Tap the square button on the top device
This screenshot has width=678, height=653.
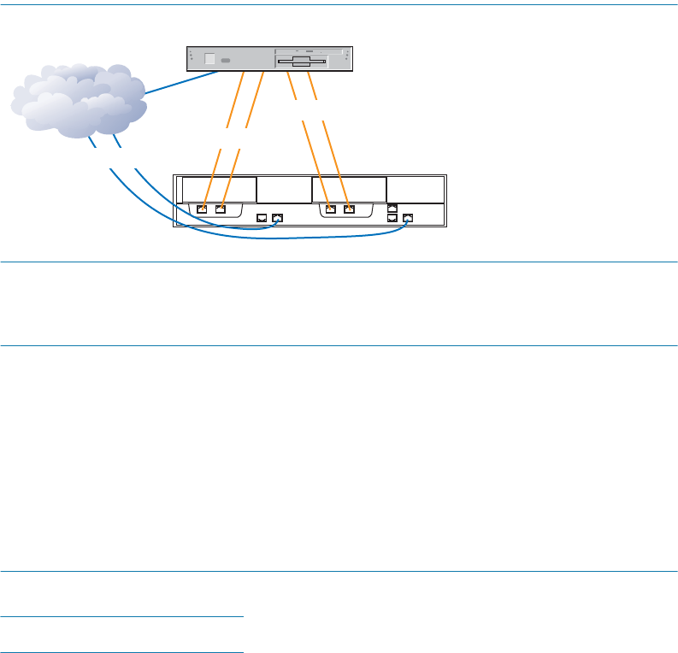[x=210, y=60]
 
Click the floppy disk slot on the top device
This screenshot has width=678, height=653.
[x=303, y=62]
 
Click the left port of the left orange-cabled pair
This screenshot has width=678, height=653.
[x=202, y=208]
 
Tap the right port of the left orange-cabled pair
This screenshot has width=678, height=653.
[x=221, y=208]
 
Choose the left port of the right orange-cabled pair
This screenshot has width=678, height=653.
[x=330, y=208]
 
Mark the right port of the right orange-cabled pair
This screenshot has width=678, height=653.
[x=348, y=208]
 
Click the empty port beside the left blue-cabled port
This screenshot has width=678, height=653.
[x=262, y=218]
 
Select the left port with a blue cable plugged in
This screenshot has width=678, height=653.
[x=277, y=218]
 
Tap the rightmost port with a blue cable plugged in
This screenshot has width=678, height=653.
[x=408, y=218]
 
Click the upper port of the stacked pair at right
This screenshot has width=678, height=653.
[x=392, y=208]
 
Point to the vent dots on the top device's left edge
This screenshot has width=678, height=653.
[x=192, y=57]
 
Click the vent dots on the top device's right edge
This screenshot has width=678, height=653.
[x=347, y=57]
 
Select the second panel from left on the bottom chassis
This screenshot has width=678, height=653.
[x=284, y=190]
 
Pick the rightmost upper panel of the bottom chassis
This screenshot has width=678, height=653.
[x=416, y=190]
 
